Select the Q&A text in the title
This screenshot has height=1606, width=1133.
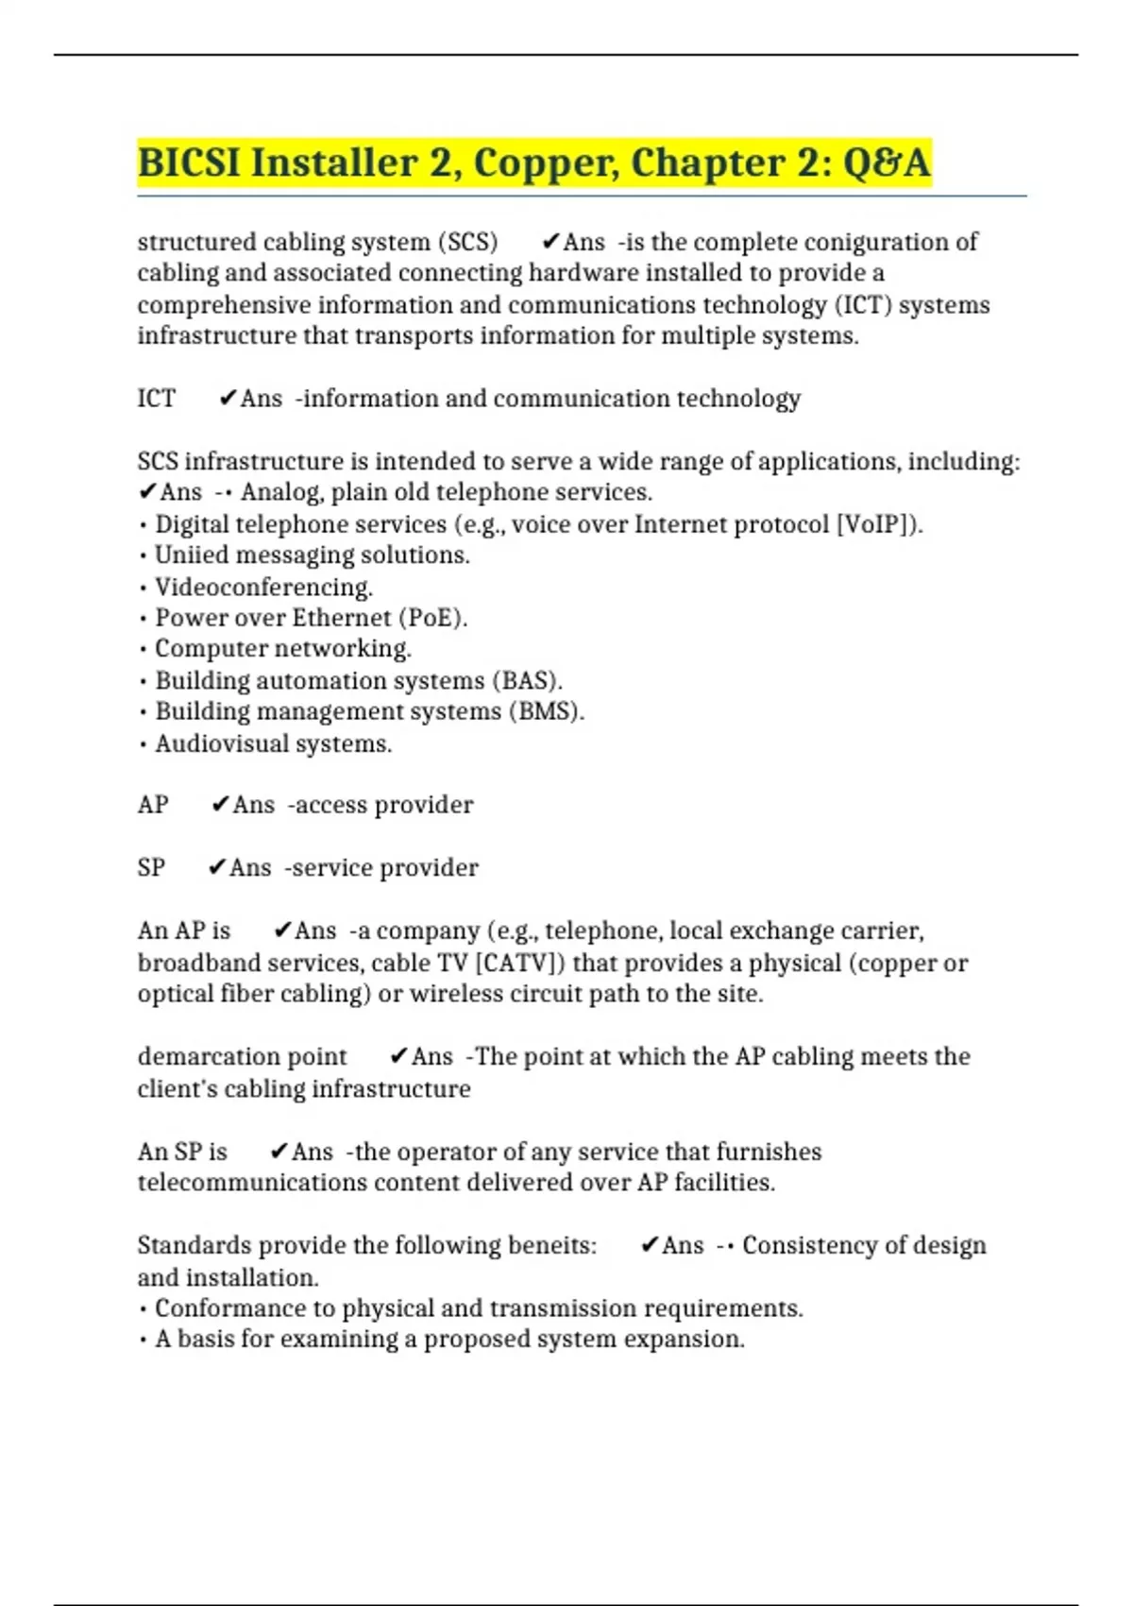click(886, 162)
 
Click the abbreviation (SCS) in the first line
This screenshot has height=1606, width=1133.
click(467, 242)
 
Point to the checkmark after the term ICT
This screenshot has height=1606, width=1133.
click(227, 399)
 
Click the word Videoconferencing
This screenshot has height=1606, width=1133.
click(263, 587)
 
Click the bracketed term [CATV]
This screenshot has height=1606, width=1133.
click(518, 963)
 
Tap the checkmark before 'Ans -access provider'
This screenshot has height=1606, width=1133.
click(220, 805)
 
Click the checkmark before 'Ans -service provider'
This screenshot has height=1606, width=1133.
click(216, 867)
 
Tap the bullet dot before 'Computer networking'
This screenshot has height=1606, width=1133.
click(143, 650)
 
